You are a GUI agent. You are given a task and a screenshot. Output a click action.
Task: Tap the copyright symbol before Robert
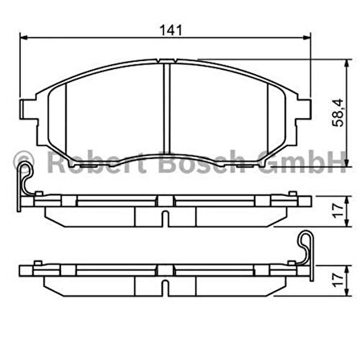22,164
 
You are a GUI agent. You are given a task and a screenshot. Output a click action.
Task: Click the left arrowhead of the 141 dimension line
25,38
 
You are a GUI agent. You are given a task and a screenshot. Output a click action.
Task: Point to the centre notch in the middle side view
165,216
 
